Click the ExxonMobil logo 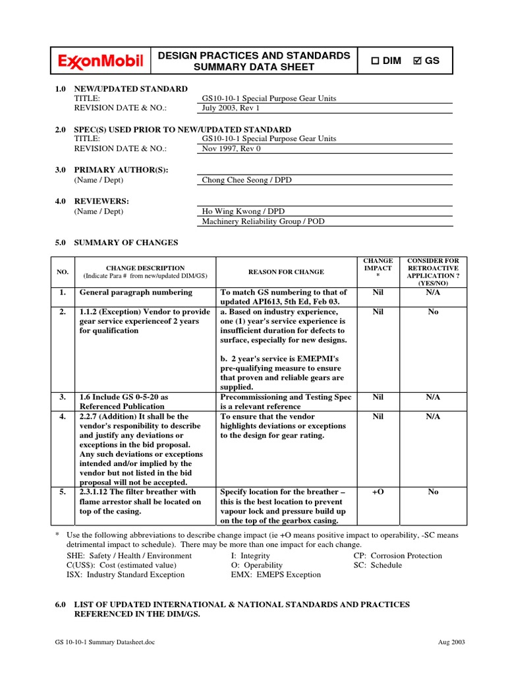pyautogui.click(x=101, y=62)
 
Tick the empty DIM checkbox pyautogui.click(x=375, y=61)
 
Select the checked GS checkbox pyautogui.click(x=417, y=61)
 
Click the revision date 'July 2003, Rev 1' pyautogui.click(x=231, y=108)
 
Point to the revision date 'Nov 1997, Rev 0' pyautogui.click(x=231, y=149)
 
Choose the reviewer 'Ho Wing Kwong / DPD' pyautogui.click(x=243, y=211)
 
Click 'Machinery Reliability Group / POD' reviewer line pyautogui.click(x=263, y=221)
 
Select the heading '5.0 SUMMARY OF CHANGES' pyautogui.click(x=117, y=243)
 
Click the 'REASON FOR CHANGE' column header pyautogui.click(x=286, y=272)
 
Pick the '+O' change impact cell pyautogui.click(x=378, y=492)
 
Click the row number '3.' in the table pyautogui.click(x=63, y=397)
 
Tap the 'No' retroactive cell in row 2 pyautogui.click(x=433, y=312)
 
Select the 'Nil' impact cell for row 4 pyautogui.click(x=378, y=417)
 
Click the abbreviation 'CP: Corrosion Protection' pyautogui.click(x=397, y=556)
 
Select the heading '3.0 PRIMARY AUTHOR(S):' pyautogui.click(x=111, y=169)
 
